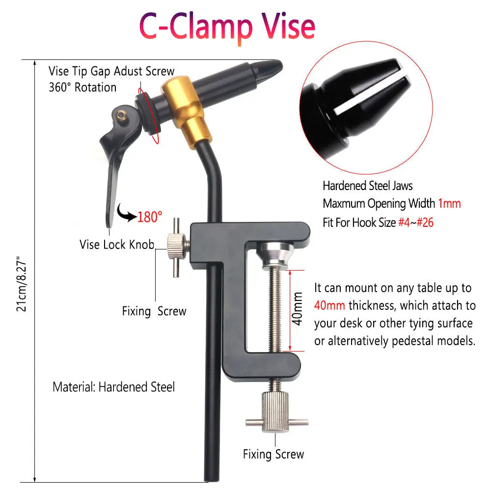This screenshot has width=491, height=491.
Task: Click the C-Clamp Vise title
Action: coord(227,27)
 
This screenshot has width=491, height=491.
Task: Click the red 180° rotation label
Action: coord(150,217)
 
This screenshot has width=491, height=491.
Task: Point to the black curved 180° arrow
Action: coord(126,213)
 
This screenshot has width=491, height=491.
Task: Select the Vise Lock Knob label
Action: coord(117,245)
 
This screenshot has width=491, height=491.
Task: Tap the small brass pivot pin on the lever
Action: coord(121,115)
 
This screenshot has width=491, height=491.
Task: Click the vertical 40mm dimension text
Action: coord(297,309)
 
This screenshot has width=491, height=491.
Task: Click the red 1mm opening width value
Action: coord(449,204)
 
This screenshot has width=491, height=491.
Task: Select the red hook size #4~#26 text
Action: coord(416,222)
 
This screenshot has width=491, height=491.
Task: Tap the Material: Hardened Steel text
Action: coord(113,387)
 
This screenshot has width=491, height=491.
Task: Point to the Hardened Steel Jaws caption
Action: coord(368,186)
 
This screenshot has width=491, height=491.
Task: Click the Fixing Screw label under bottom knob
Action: coord(273,454)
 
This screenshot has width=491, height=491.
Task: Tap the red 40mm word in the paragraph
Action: coord(329,305)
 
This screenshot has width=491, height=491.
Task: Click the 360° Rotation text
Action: coord(82,87)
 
